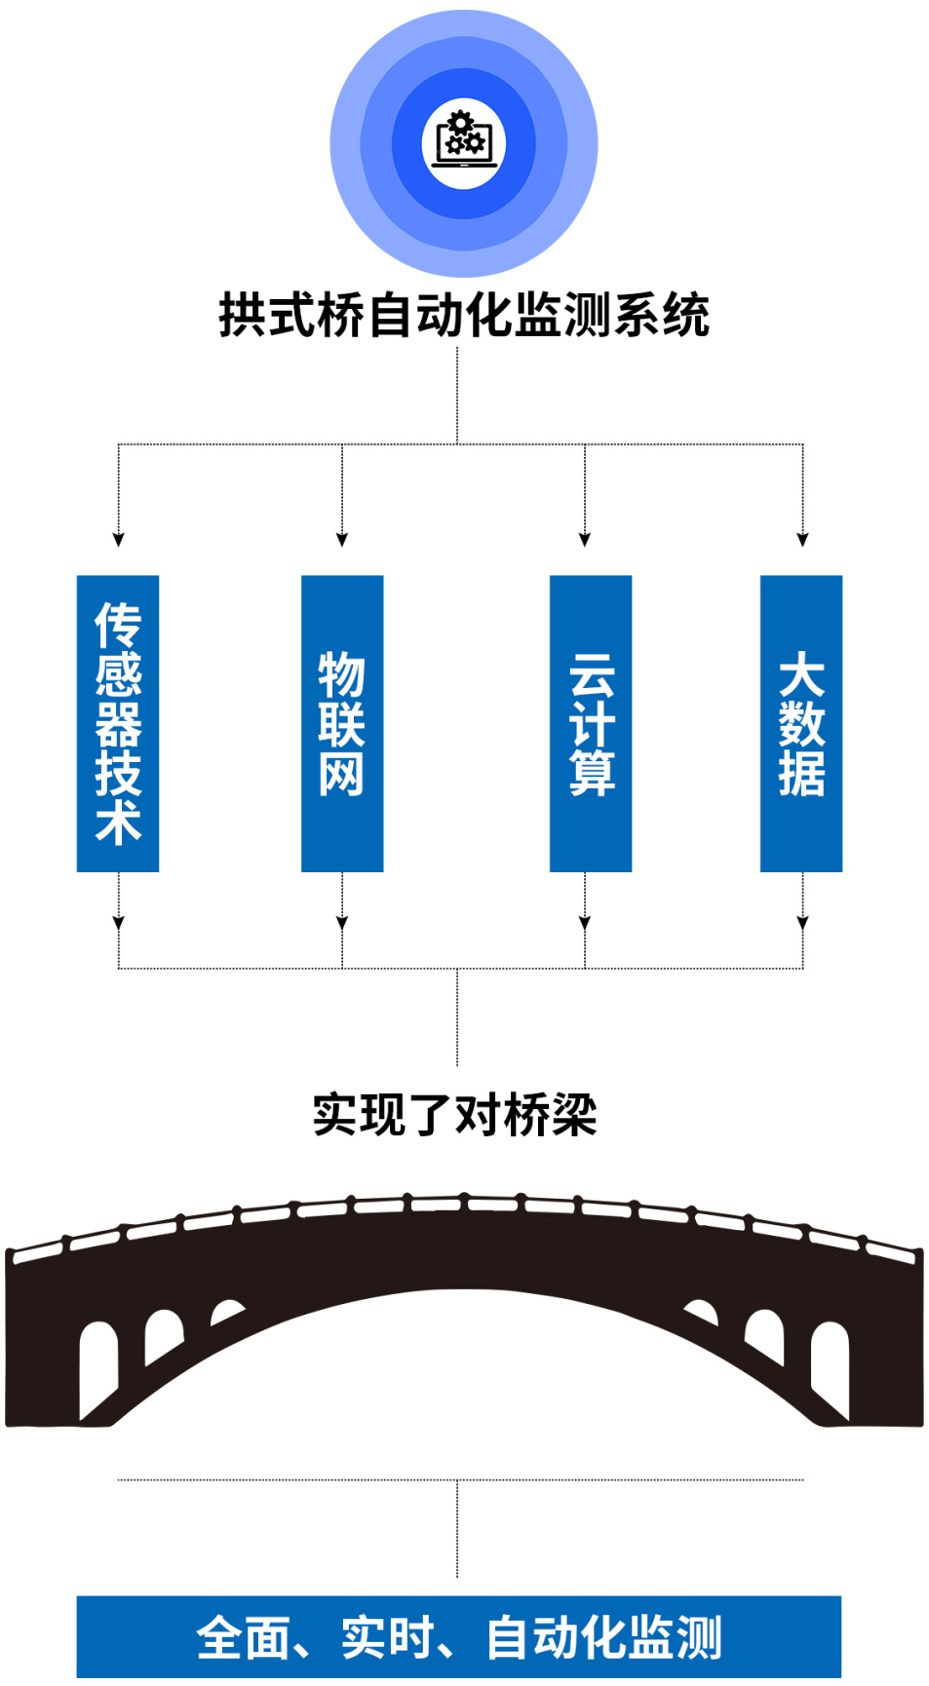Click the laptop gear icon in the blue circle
point(464,142)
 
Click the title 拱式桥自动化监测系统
point(464,315)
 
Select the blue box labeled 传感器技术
point(118,723)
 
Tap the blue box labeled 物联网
point(342,723)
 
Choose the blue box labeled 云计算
point(591,723)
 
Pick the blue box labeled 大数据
point(801,723)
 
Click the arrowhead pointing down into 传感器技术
point(119,539)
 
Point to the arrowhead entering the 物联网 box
point(342,539)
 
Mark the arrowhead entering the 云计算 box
point(585,539)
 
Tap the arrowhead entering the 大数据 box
point(803,539)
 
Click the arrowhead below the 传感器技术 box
point(119,923)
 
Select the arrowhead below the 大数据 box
point(803,923)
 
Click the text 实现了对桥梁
point(454,1114)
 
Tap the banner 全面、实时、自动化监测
point(459,1636)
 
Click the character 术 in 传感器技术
point(118,823)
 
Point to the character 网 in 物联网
point(342,774)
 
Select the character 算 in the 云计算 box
point(592,774)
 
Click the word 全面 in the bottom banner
point(243,1637)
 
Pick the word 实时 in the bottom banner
point(387,1637)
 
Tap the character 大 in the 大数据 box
point(801,673)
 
